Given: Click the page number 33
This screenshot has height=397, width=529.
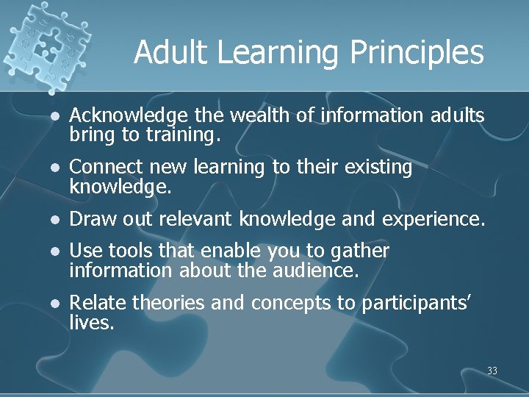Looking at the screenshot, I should point(492,371).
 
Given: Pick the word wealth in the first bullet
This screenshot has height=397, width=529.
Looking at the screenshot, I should point(253,115).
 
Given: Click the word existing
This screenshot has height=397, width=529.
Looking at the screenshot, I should point(378,168).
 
